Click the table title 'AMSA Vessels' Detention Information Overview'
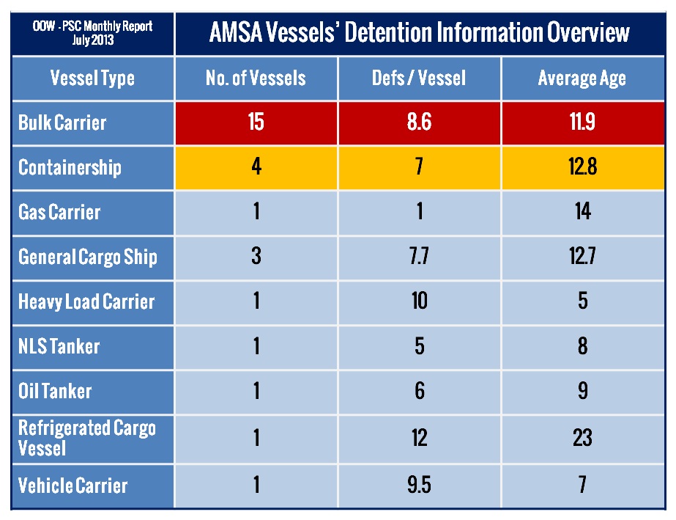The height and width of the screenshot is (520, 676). click(420, 32)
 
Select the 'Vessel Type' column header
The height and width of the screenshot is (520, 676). click(92, 78)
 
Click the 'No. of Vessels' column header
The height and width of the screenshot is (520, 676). click(256, 78)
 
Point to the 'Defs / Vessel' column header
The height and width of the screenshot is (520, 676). click(419, 78)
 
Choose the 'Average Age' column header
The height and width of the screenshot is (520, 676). click(582, 78)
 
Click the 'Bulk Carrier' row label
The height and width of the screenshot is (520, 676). click(62, 122)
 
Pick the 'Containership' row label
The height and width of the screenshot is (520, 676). click(70, 167)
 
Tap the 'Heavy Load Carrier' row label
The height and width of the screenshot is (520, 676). click(86, 301)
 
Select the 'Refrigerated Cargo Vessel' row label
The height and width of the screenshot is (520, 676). click(87, 437)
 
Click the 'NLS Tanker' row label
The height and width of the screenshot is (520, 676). click(59, 345)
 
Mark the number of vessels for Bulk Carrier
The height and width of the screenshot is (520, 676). click(256, 122)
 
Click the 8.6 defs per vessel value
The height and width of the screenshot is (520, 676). click(419, 122)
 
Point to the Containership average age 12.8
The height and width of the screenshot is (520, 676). click(582, 167)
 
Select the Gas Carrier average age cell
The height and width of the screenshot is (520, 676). click(582, 212)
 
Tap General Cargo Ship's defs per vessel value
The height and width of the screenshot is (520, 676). click(419, 257)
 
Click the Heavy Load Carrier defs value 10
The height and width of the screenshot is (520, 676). click(419, 301)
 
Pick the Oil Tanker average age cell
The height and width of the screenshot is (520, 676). click(582, 390)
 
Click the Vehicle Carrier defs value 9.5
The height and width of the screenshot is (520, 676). click(419, 485)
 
